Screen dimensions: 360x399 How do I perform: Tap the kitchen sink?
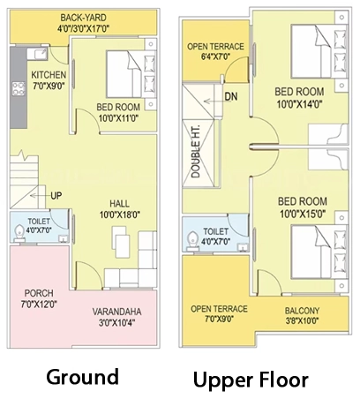(x=37, y=54)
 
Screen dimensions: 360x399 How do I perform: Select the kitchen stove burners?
(x=19, y=89)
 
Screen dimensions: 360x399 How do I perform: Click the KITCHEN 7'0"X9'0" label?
(x=49, y=80)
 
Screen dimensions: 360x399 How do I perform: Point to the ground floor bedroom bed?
(x=131, y=74)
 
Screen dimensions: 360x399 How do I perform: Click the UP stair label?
(x=56, y=196)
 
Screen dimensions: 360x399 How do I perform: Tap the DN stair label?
(x=231, y=96)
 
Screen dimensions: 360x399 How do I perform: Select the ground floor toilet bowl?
(x=19, y=233)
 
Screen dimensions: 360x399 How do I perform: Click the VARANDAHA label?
(x=116, y=312)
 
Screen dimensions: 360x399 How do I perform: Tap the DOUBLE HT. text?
(x=196, y=152)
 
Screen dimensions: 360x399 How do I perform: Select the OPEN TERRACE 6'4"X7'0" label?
(x=215, y=51)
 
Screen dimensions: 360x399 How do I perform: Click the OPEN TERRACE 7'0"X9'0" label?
(x=219, y=313)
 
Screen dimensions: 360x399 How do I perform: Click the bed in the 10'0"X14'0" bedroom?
(x=319, y=51)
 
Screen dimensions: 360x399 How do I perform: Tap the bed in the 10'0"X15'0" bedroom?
(x=319, y=252)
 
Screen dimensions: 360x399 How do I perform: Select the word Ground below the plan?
(x=83, y=377)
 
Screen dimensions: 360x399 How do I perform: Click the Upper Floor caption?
(x=251, y=380)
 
